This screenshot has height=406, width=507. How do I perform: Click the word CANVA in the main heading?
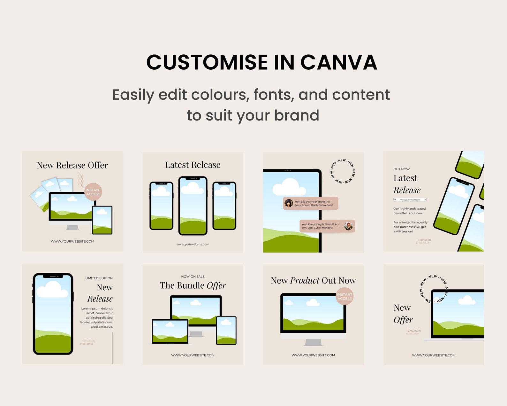[x=339, y=62]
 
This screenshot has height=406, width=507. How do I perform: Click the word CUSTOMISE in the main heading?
[x=207, y=62]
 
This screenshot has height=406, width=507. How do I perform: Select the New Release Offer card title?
[x=72, y=165]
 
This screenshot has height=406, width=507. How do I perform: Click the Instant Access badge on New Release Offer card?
[x=93, y=192]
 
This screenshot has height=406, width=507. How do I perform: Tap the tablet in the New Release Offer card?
[x=102, y=220]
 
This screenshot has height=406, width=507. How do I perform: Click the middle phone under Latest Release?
[x=193, y=206]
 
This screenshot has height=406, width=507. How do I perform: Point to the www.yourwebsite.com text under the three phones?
[x=193, y=244]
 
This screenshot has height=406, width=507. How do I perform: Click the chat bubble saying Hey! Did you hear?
[x=310, y=203]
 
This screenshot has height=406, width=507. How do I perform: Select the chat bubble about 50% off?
[x=327, y=226]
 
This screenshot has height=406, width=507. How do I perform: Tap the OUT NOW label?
[x=401, y=169]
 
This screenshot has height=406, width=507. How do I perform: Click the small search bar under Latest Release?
[x=410, y=199]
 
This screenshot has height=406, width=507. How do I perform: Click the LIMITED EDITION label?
[x=99, y=278]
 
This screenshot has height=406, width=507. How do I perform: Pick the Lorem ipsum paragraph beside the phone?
[x=97, y=317]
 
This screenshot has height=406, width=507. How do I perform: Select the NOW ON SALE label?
[x=193, y=277]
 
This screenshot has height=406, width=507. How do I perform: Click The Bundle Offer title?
[x=193, y=285]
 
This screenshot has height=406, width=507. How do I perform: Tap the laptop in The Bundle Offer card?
[x=170, y=332]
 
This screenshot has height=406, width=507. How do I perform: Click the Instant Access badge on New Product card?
[x=344, y=296]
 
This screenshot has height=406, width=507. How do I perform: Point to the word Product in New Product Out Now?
[x=305, y=281]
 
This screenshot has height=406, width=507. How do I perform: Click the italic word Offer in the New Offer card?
[x=403, y=320]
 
